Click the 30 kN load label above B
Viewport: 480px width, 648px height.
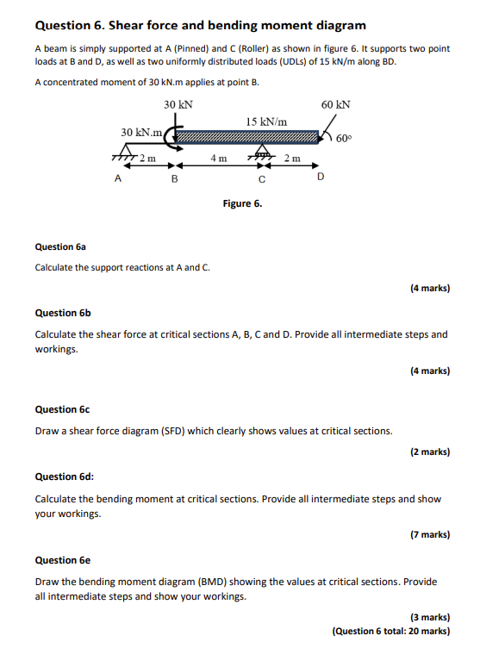(x=178, y=104)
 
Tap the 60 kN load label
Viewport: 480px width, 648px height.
(x=335, y=104)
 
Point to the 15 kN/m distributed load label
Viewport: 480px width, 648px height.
(x=266, y=122)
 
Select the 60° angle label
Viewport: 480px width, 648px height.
(x=343, y=138)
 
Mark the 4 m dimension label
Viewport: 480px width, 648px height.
(x=219, y=159)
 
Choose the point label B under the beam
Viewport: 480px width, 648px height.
(x=175, y=180)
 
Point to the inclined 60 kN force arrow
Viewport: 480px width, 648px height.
(x=327, y=132)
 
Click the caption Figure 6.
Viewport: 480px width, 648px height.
(x=242, y=203)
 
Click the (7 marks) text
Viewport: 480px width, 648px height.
(x=429, y=534)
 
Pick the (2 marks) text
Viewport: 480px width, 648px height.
(x=429, y=452)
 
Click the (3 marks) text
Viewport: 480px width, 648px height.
(x=429, y=617)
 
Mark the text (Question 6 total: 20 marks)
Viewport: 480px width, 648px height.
(x=390, y=631)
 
